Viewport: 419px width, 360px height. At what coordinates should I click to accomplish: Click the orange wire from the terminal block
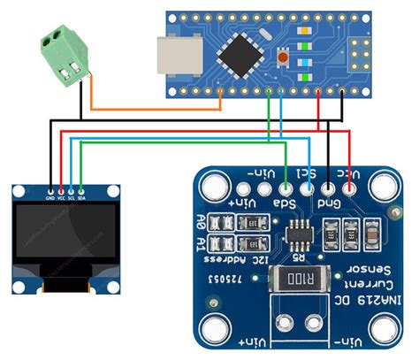150,110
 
